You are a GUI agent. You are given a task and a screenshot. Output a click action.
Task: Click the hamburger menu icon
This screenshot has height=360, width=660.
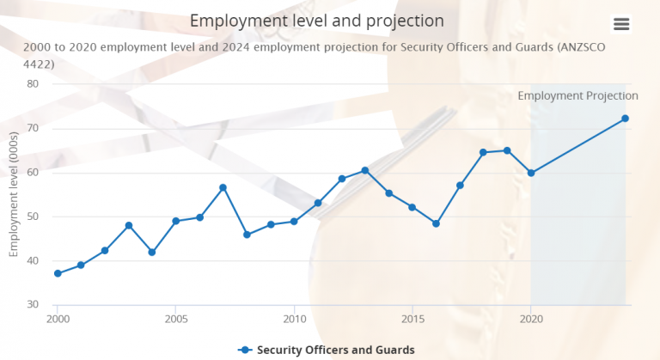[x=621, y=24]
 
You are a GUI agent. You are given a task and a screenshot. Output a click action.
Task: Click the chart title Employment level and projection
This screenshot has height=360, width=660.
[x=317, y=20]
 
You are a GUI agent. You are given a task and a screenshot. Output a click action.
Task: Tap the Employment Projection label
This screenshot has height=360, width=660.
[x=577, y=95]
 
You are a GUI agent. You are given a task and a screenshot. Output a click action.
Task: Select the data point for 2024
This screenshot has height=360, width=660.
[x=626, y=119]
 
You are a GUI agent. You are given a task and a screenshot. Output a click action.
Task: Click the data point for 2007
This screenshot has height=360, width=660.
[x=223, y=187]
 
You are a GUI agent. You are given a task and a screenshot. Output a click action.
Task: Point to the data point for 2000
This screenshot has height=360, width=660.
[x=58, y=273]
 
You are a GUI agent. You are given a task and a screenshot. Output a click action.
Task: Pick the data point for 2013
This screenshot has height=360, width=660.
[x=365, y=170]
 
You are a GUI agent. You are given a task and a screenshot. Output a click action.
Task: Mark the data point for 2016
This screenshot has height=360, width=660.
[x=436, y=223]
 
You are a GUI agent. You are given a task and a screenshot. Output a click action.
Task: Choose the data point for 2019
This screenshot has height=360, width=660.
[x=507, y=150]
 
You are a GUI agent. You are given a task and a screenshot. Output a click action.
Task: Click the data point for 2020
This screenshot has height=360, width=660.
[x=531, y=173]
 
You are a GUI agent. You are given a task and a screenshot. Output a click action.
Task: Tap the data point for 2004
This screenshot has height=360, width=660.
[x=152, y=252]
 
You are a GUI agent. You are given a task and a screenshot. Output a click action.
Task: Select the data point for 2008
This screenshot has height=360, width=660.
[x=247, y=235]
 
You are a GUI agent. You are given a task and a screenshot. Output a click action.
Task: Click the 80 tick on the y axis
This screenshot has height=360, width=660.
[x=33, y=83]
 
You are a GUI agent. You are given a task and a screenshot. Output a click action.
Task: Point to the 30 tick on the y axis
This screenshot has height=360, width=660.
[x=33, y=304]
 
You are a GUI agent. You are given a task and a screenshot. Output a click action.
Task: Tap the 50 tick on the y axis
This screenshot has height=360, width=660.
[x=33, y=216]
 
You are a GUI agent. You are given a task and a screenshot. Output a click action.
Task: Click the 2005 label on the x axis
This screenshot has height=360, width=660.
[x=176, y=318]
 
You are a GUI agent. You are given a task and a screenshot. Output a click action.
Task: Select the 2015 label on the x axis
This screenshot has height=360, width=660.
[x=412, y=318]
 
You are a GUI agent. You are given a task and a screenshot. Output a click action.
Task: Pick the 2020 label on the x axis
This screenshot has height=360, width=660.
[x=531, y=318]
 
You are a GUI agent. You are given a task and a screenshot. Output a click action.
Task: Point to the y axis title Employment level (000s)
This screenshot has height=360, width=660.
[x=14, y=195]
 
